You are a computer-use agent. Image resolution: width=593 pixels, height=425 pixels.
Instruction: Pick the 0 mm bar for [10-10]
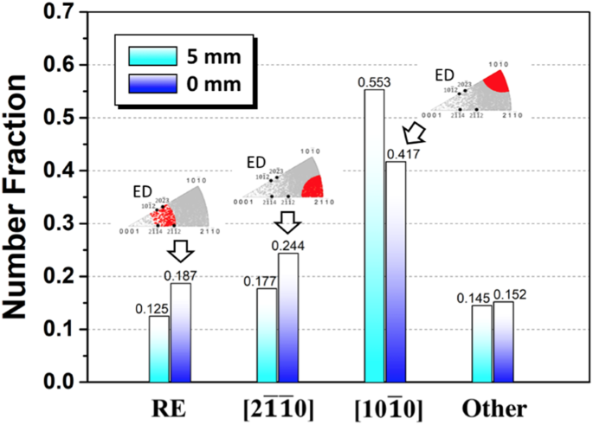(395, 272)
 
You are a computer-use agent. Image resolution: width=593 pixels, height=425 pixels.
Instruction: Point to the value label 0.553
(372, 81)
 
